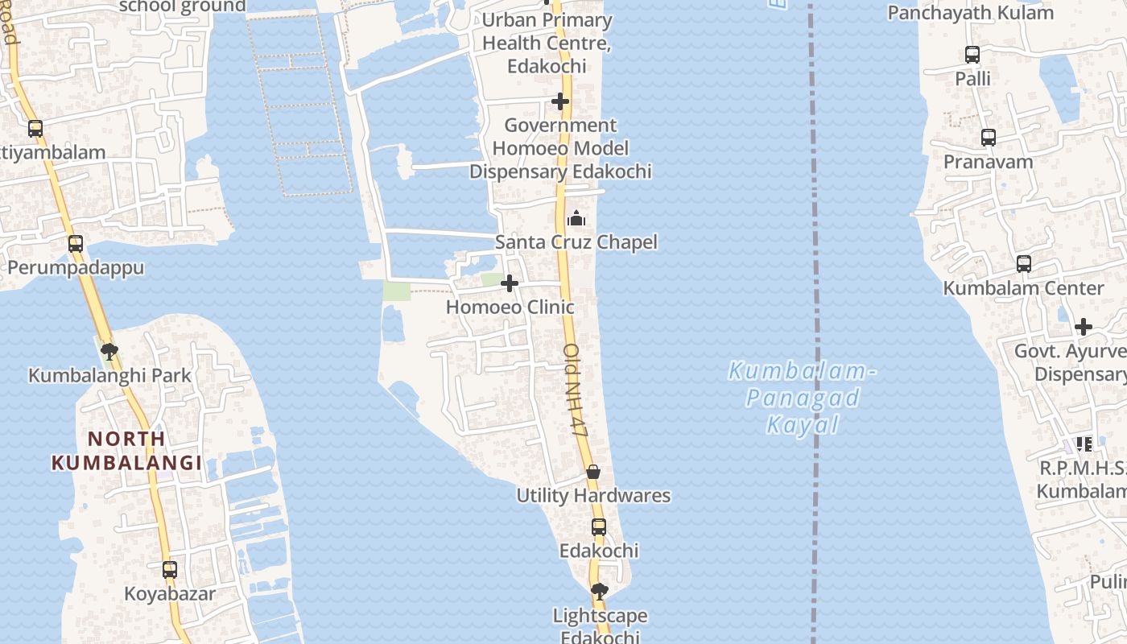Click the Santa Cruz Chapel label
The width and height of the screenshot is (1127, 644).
(576, 242)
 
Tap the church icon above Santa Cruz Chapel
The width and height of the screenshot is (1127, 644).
(576, 218)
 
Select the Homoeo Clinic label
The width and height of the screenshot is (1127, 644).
(510, 307)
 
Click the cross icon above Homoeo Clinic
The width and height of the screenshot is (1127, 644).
(510, 283)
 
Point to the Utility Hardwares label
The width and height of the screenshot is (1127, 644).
(593, 495)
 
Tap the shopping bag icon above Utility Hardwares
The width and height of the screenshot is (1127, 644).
(593, 472)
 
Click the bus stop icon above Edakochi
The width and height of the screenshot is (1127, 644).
(599, 527)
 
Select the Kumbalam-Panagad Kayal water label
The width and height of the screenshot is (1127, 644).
(802, 398)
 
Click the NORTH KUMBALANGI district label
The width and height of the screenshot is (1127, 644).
(126, 451)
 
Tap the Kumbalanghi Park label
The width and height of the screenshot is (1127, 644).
(110, 375)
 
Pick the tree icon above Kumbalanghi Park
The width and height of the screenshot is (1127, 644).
(109, 352)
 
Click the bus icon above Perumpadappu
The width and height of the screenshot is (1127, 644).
(76, 244)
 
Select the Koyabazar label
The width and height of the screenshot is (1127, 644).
(170, 594)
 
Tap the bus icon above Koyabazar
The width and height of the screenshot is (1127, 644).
(170, 570)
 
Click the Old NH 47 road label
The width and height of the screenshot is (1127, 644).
(576, 390)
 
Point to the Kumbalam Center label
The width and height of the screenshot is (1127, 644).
(1023, 287)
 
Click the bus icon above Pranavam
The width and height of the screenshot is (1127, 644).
(989, 138)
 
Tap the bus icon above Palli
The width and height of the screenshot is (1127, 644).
(972, 55)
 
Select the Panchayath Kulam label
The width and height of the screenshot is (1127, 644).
(970, 13)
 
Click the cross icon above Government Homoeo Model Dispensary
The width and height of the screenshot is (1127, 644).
(560, 101)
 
